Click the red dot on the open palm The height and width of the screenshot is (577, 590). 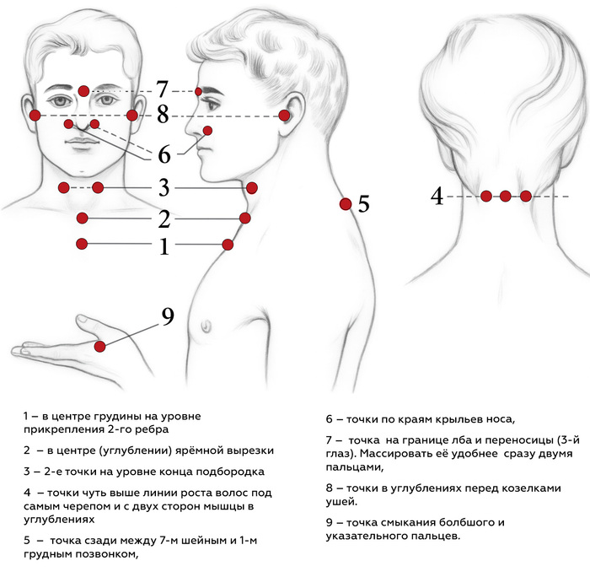100,346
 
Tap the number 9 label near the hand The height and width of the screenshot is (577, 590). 168,316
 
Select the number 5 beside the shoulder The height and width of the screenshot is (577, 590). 363,204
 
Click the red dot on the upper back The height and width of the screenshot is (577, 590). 345,203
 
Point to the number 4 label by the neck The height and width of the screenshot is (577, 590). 437,197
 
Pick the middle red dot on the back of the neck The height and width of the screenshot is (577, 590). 505,196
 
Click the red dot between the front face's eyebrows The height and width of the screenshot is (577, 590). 83,90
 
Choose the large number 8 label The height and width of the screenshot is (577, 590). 163,114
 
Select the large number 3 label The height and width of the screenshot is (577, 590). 164,186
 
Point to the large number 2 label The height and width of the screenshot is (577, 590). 164,219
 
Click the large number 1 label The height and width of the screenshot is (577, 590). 164,246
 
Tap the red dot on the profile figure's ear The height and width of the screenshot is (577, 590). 285,116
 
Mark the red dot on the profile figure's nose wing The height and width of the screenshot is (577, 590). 207,131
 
